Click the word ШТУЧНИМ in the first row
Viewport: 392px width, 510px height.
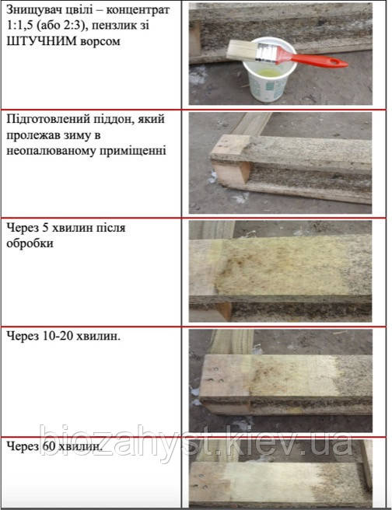coord(41,41)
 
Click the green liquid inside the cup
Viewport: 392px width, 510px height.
coord(269,72)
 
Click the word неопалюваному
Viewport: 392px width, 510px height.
coord(50,151)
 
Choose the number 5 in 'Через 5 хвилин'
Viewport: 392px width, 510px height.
coord(46,228)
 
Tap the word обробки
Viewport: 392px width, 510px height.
coord(30,243)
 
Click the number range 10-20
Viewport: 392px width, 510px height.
coord(58,336)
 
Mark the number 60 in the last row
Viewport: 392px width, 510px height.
coord(49,446)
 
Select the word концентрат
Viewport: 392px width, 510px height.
coord(138,11)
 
